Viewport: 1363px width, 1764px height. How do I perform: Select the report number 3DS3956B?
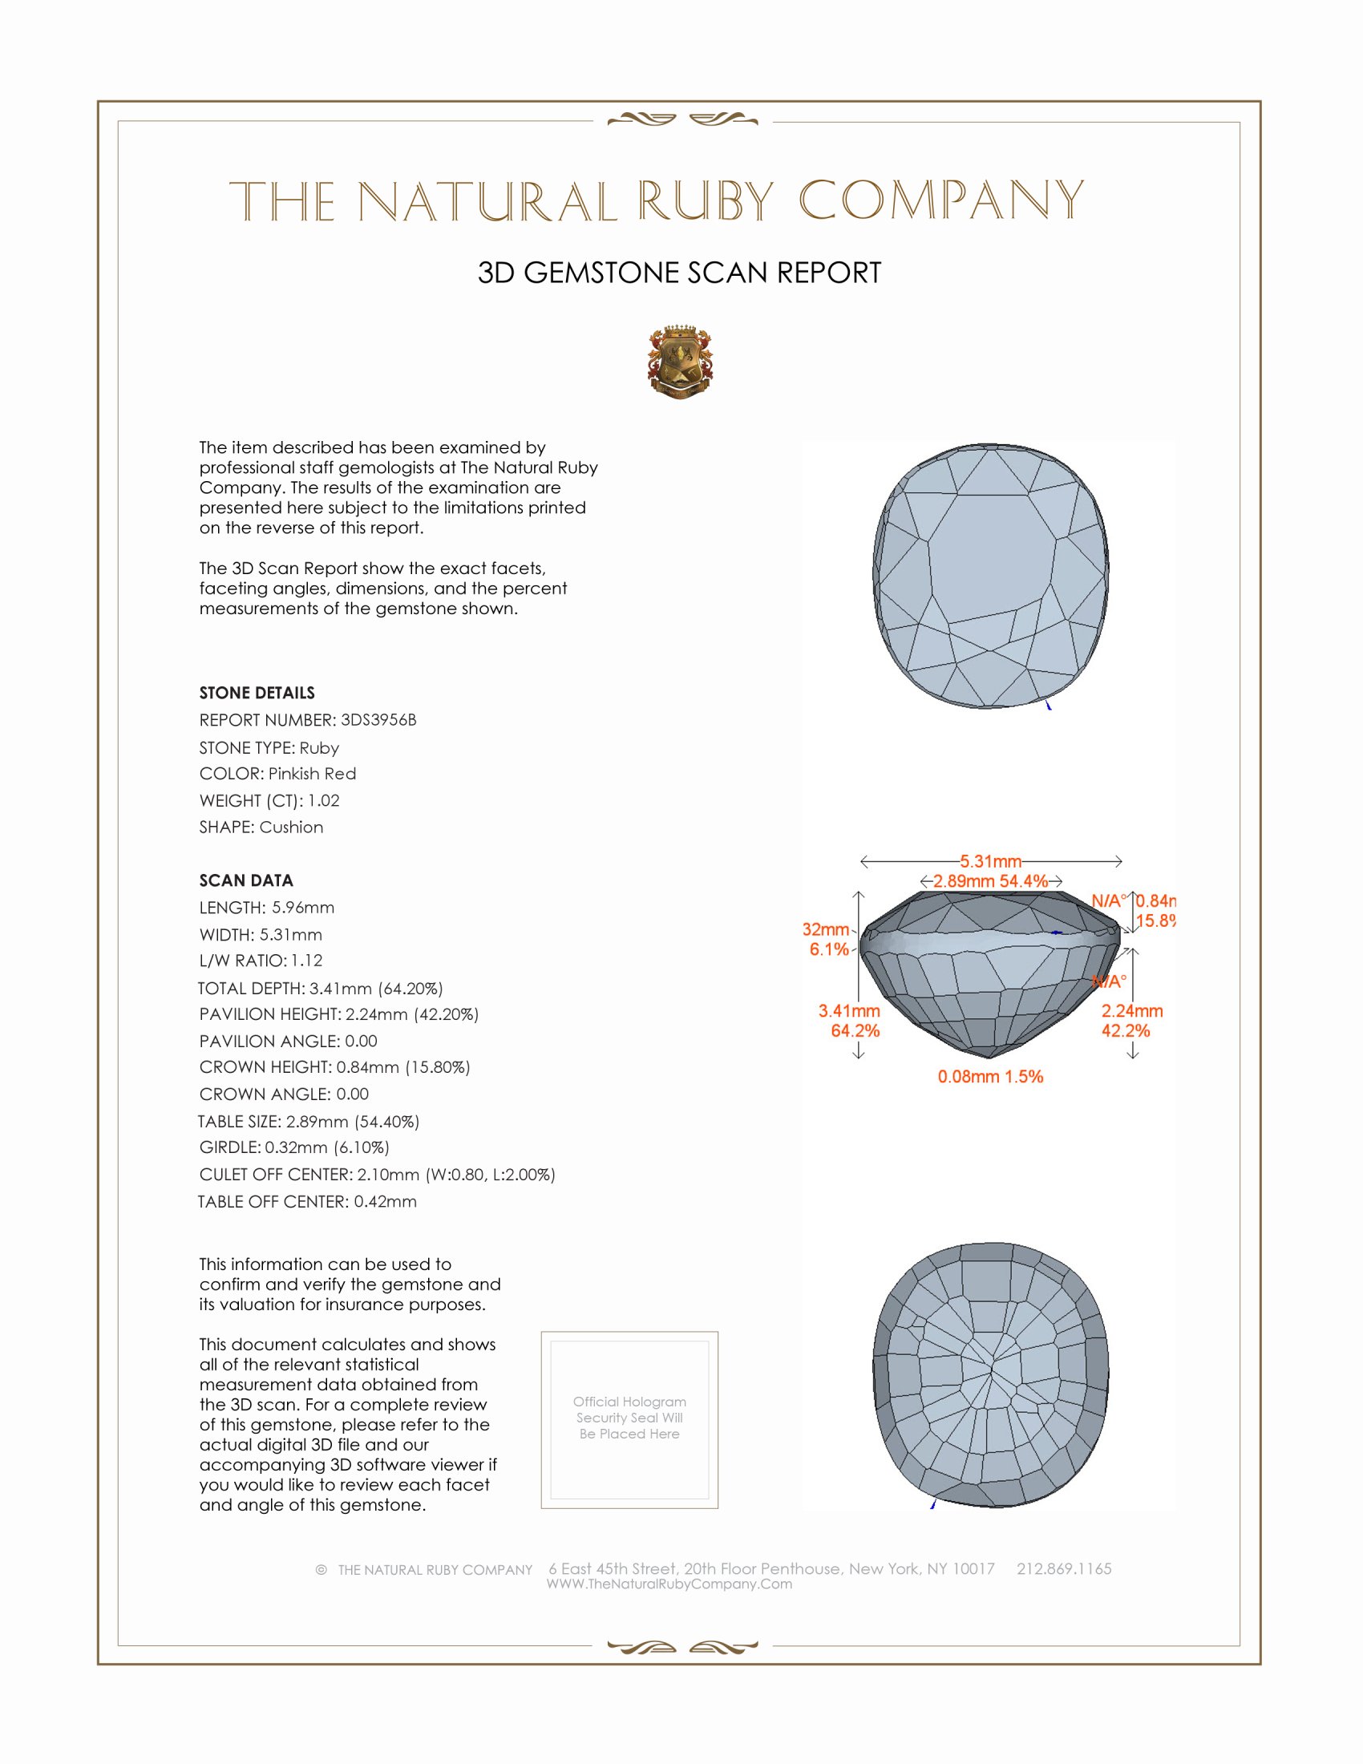(378, 720)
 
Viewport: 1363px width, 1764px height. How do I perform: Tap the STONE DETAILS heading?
(257, 693)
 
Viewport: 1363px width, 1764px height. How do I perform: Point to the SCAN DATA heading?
(246, 880)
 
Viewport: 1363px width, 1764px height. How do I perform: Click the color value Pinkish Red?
(312, 774)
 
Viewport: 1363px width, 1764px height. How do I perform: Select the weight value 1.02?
(324, 800)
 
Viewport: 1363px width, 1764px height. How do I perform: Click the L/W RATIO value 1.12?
(307, 961)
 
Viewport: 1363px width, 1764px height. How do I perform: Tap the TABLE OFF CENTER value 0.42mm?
(385, 1201)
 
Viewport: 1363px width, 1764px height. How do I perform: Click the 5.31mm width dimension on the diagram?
(990, 861)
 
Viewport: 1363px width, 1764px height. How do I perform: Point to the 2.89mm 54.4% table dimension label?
(990, 881)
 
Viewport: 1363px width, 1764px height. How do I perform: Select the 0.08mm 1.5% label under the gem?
(990, 1077)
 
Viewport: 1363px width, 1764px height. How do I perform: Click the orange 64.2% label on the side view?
(855, 1030)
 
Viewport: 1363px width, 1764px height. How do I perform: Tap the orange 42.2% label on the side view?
(1126, 1030)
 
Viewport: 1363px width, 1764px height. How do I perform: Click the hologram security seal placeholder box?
(629, 1420)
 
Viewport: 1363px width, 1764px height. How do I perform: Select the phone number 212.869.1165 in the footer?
(1063, 1568)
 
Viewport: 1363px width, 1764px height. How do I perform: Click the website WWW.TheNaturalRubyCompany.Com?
(669, 1584)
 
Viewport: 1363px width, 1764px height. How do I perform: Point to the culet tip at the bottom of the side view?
(989, 1056)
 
